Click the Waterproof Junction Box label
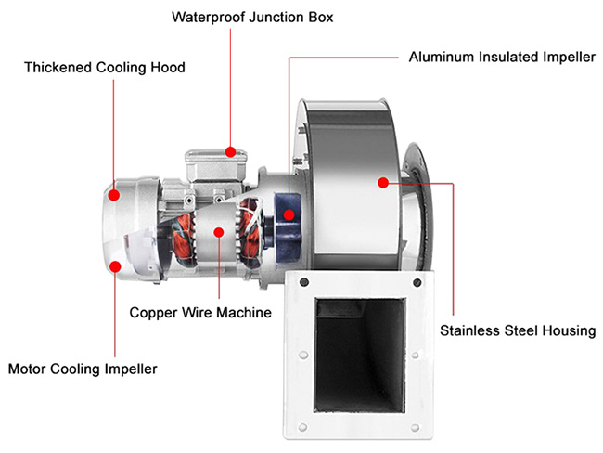pos(252,18)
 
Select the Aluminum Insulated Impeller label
pos(502,57)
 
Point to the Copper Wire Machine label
pos(200,313)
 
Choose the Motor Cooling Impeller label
pos(82,369)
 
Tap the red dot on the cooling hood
pos(113,195)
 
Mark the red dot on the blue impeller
pos(289,215)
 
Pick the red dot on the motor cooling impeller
pos(116,266)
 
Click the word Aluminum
pos(440,57)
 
